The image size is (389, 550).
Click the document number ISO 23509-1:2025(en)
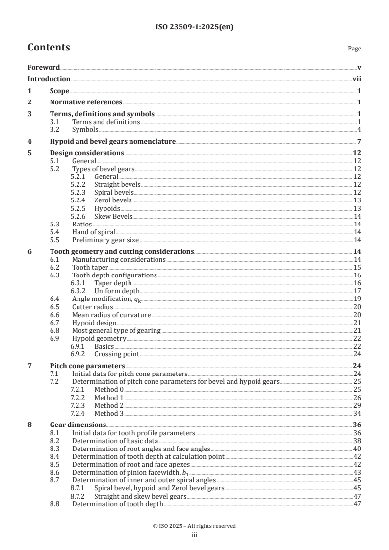194,27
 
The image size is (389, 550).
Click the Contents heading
49,48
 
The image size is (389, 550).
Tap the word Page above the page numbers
354,49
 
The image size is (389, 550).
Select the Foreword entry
44,68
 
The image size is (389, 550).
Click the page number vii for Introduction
357,79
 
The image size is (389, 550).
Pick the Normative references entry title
86,102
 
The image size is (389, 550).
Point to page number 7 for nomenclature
359,142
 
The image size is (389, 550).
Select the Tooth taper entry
90,267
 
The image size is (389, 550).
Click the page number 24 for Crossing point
357,354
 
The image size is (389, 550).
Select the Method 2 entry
109,405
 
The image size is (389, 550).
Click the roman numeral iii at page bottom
194,535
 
